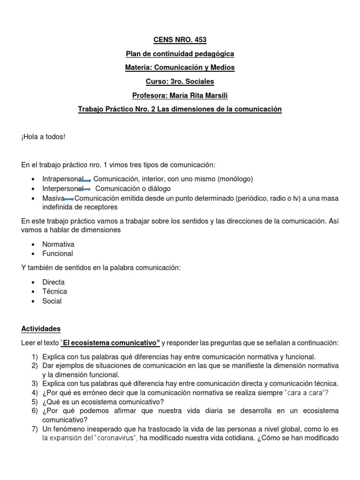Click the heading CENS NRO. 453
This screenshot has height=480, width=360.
180,40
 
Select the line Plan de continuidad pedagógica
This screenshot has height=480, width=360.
180,54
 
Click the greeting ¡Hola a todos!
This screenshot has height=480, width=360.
43,136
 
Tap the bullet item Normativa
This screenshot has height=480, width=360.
58,244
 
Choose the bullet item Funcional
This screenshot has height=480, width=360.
58,254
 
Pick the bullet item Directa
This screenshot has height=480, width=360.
53,282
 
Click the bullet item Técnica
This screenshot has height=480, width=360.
54,292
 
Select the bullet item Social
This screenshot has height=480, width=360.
52,301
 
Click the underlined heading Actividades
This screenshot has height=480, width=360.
41,329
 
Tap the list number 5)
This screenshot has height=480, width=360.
35,402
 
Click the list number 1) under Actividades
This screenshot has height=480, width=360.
35,356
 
